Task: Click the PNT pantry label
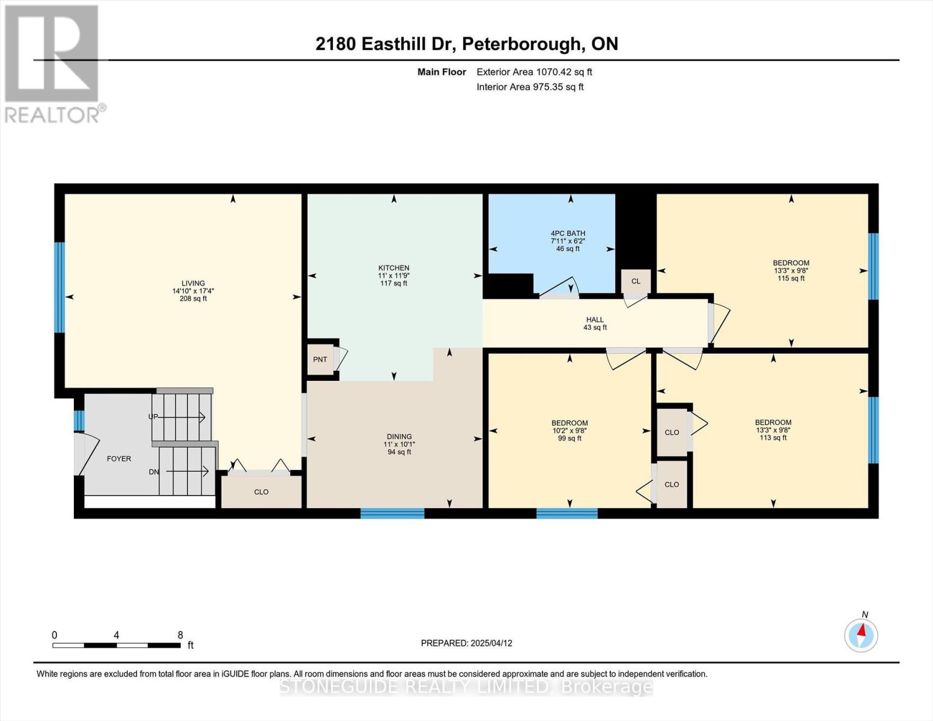pyautogui.click(x=320, y=359)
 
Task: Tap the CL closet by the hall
pyautogui.click(x=636, y=281)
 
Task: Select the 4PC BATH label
pyautogui.click(x=568, y=234)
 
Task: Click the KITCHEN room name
pyautogui.click(x=394, y=268)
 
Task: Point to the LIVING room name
pyautogui.click(x=193, y=284)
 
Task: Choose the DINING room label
pyautogui.click(x=400, y=436)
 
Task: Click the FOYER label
pyautogui.click(x=119, y=458)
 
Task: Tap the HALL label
pyautogui.click(x=595, y=320)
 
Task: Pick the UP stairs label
pyautogui.click(x=153, y=416)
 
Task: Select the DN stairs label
pyautogui.click(x=154, y=472)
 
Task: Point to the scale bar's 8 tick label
pyautogui.click(x=180, y=634)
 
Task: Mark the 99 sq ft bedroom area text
pyautogui.click(x=570, y=438)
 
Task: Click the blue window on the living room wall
pyautogui.click(x=59, y=287)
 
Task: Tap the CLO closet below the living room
pyautogui.click(x=261, y=492)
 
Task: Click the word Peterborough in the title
pyautogui.click(x=521, y=44)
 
